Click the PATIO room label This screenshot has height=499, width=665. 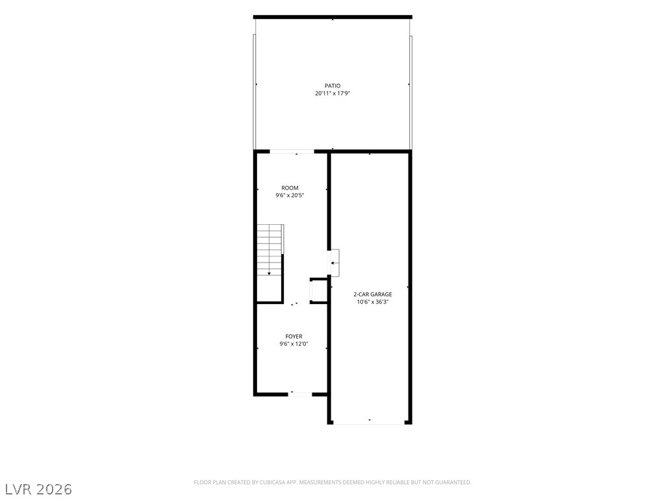pos(332,86)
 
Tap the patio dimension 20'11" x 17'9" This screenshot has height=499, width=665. pos(332,94)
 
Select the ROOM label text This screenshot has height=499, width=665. pos(290,188)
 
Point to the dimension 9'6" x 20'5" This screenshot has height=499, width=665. pos(290,196)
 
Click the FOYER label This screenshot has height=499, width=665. pos(294,337)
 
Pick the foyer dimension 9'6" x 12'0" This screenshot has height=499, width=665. pos(294,344)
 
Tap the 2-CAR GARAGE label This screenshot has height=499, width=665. pos(373,294)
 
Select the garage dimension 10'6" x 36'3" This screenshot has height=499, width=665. pos(373,302)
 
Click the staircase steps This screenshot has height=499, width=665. pos(270,250)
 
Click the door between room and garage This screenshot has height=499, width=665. pos(334,263)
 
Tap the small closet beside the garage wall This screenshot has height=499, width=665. pos(319,291)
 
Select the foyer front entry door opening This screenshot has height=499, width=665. pos(300,394)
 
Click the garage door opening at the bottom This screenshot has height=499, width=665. pos(369,422)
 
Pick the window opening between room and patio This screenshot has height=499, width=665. pos(292,151)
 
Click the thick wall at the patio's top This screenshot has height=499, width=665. pos(332,17)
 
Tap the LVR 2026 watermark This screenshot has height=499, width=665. pos(36,489)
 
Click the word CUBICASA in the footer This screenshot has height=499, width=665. pos(275,483)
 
